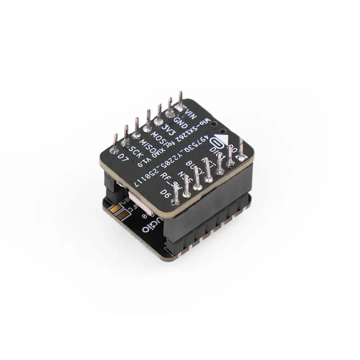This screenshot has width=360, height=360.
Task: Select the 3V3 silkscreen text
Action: pos(167,129)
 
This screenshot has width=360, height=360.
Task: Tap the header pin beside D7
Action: pos(115,142)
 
